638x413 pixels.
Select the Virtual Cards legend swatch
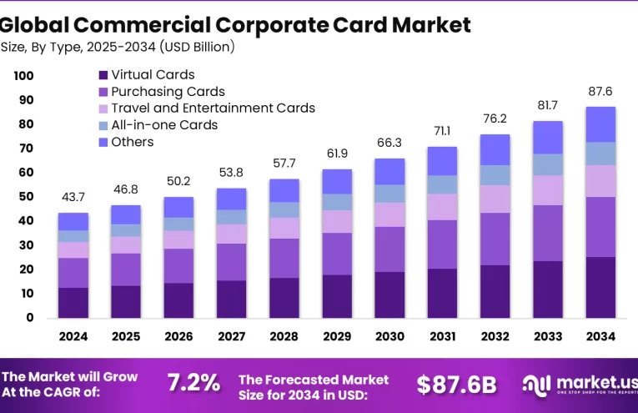[103, 76]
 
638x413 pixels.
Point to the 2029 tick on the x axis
[336, 336]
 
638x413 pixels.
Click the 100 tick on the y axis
[23, 76]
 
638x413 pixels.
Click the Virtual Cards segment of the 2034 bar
[600, 287]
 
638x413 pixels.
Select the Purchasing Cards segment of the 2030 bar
[389, 249]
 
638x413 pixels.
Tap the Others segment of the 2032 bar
[495, 149]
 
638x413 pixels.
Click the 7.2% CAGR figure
[193, 383]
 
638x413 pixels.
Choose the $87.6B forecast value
[456, 384]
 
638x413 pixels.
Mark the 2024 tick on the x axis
[73, 336]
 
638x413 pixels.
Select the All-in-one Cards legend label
[163, 125]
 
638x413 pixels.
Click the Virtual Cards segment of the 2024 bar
[73, 302]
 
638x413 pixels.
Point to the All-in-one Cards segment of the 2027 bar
[231, 217]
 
